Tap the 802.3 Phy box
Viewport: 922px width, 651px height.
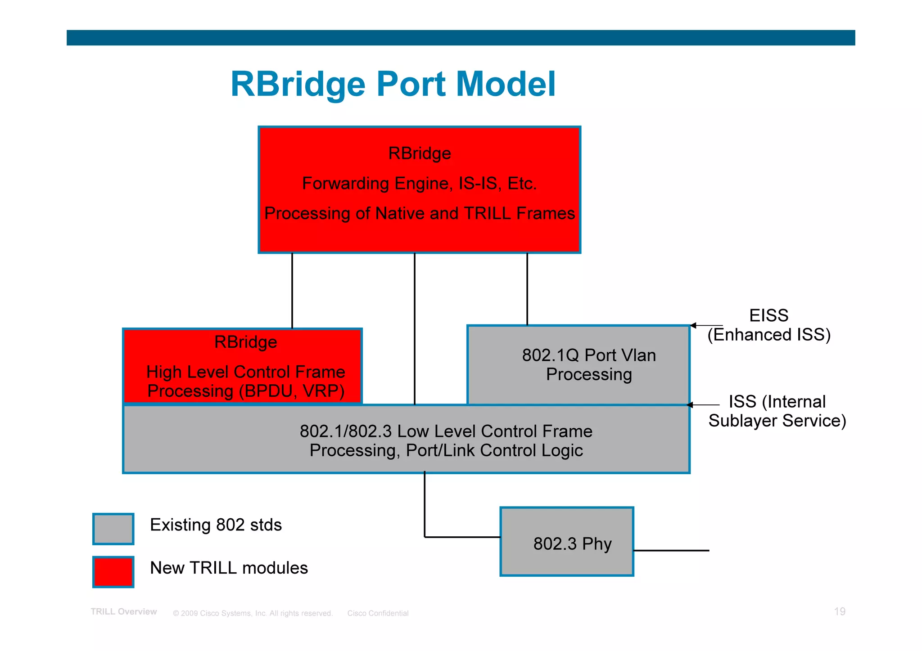567,542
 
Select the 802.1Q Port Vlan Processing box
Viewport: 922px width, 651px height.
579,365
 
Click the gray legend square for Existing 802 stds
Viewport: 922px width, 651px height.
113,529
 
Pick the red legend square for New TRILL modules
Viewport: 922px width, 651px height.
113,572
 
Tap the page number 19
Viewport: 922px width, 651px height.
839,611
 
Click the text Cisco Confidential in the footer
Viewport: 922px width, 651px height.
378,613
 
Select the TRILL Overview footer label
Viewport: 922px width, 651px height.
124,611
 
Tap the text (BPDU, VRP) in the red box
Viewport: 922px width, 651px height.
292,391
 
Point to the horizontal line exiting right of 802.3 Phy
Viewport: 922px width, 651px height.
671,550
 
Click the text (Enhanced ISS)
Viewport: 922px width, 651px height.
769,335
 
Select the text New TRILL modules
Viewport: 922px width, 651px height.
229,568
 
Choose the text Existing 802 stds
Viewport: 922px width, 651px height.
216,525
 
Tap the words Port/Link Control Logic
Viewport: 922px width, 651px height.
494,450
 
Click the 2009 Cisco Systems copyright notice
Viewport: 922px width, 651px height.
253,613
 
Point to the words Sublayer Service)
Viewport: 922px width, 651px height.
777,421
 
